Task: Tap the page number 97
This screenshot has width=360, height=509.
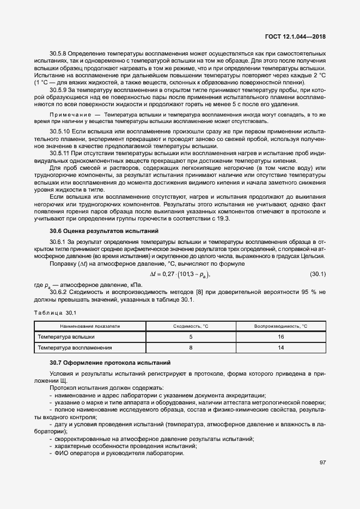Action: pyautogui.click(x=322, y=463)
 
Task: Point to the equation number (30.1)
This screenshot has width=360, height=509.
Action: pyautogui.click(x=317, y=273)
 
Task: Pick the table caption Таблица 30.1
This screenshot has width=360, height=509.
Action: pyautogui.click(x=55, y=312)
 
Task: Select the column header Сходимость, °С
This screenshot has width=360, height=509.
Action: pyautogui.click(x=191, y=326)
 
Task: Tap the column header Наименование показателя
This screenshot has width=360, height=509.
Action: pyautogui.click(x=90, y=326)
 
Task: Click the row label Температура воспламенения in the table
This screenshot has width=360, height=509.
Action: pyautogui.click(x=75, y=347)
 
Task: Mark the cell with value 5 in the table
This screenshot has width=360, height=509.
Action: pyautogui.click(x=191, y=336)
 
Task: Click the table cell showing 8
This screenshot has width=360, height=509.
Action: pyautogui.click(x=191, y=347)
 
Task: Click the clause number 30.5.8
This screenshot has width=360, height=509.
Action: pyautogui.click(x=58, y=54)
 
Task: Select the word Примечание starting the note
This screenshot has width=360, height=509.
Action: pyautogui.click(x=69, y=116)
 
